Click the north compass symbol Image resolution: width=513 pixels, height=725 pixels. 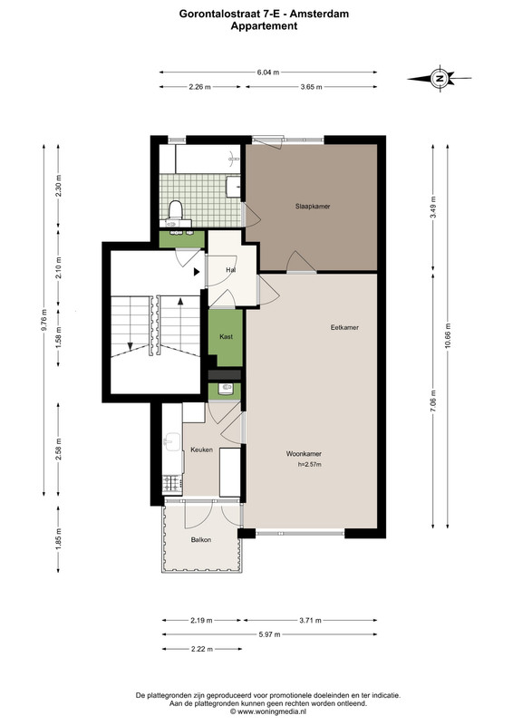(x=440, y=78)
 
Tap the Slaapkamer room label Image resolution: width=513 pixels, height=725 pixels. (x=313, y=207)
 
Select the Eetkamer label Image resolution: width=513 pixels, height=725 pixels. (x=344, y=327)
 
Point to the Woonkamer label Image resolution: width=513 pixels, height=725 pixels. (x=304, y=454)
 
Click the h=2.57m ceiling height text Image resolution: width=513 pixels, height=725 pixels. (x=309, y=464)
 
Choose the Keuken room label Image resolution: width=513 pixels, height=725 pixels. (x=202, y=449)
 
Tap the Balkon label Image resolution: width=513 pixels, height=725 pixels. (x=201, y=539)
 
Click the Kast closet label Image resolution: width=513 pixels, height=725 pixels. (x=227, y=336)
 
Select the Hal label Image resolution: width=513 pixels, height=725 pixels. (x=230, y=269)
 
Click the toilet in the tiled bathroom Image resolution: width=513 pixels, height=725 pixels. (x=175, y=209)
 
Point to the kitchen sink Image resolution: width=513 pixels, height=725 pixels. (x=172, y=441)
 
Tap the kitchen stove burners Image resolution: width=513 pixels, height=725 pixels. (x=172, y=483)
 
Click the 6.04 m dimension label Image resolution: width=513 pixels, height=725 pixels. (x=268, y=72)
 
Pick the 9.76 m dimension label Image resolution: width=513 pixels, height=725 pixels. (x=44, y=320)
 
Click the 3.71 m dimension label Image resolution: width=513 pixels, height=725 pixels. (x=310, y=620)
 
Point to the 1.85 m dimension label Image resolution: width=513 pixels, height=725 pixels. (x=58, y=539)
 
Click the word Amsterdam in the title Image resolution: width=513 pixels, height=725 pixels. (x=319, y=14)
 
